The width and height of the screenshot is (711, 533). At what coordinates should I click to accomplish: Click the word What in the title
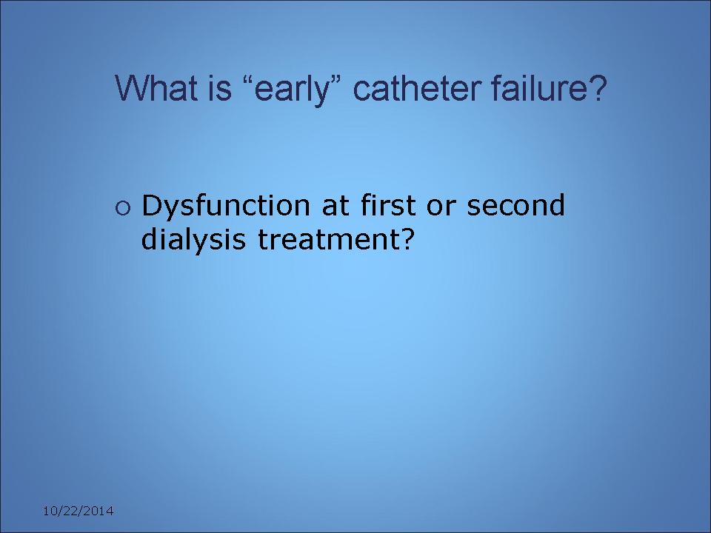[156, 87]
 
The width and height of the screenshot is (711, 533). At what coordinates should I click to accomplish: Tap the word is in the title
[220, 87]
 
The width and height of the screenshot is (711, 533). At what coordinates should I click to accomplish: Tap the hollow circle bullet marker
[123, 208]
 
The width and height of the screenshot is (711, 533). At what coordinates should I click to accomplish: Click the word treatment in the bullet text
[329, 240]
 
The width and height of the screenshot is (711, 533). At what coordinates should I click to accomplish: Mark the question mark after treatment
[407, 239]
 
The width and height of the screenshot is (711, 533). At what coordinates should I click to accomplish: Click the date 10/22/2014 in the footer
[78, 512]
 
